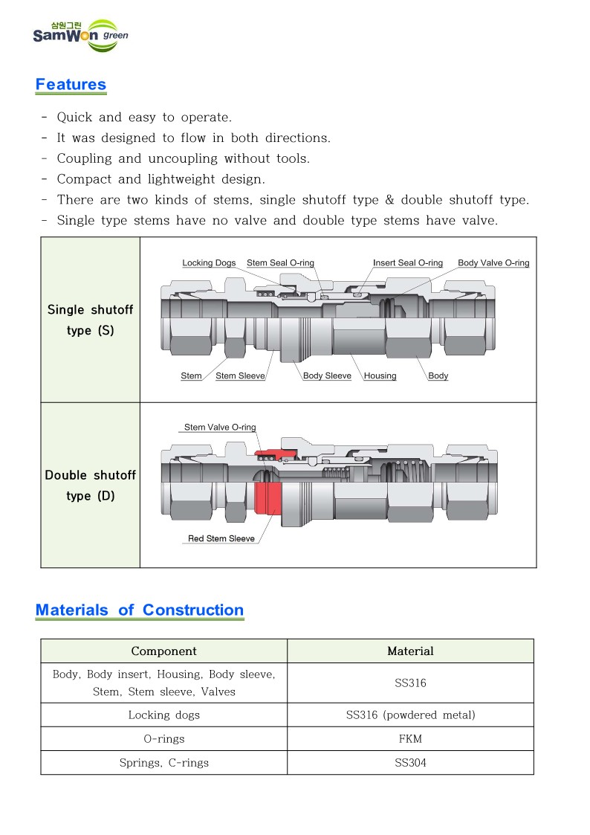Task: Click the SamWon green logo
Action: pyautogui.click(x=80, y=35)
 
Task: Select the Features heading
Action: pyautogui.click(x=71, y=85)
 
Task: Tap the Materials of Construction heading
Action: pyautogui.click(x=140, y=610)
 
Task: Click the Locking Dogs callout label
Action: pyautogui.click(x=209, y=263)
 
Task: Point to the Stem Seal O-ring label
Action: pyautogui.click(x=280, y=263)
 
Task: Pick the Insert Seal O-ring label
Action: pyautogui.click(x=407, y=263)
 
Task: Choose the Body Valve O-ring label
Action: pyautogui.click(x=493, y=263)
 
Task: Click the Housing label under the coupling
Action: pyautogui.click(x=380, y=376)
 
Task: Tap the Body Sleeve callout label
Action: pyautogui.click(x=327, y=376)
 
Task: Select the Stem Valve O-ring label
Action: pyautogui.click(x=219, y=428)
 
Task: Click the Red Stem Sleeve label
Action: pyautogui.click(x=221, y=539)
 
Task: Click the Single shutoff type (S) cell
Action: pyautogui.click(x=91, y=320)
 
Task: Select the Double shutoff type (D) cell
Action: pyautogui.click(x=91, y=485)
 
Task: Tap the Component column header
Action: pyautogui.click(x=163, y=651)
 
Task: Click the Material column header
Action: pyautogui.click(x=410, y=651)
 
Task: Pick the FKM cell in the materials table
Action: pyautogui.click(x=410, y=739)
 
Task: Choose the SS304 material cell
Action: pyautogui.click(x=410, y=763)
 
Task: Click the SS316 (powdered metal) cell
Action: pyautogui.click(x=410, y=715)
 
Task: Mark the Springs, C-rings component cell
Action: pyautogui.click(x=163, y=763)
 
